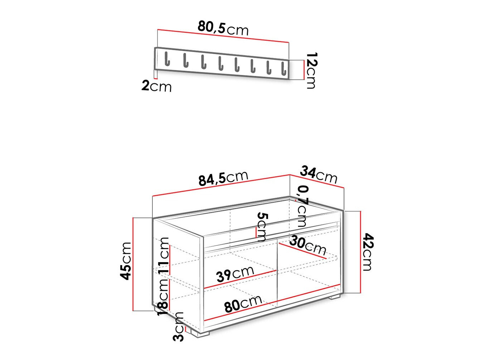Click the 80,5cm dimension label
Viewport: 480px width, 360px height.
pos(223,28)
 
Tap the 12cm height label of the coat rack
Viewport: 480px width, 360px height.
pos(311,70)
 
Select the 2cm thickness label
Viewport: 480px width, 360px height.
pos(156,86)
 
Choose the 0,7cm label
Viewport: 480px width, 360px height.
pos(302,206)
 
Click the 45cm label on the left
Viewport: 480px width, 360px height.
pos(126,260)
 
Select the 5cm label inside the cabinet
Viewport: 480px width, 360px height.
pos(262,227)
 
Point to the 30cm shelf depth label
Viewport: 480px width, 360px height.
pos(307,245)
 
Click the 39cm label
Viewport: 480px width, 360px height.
pos(235,274)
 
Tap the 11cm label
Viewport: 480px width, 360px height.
pos(164,255)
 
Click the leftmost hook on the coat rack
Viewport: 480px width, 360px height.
pos(167,59)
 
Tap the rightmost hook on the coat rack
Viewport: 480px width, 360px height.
pos(283,68)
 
